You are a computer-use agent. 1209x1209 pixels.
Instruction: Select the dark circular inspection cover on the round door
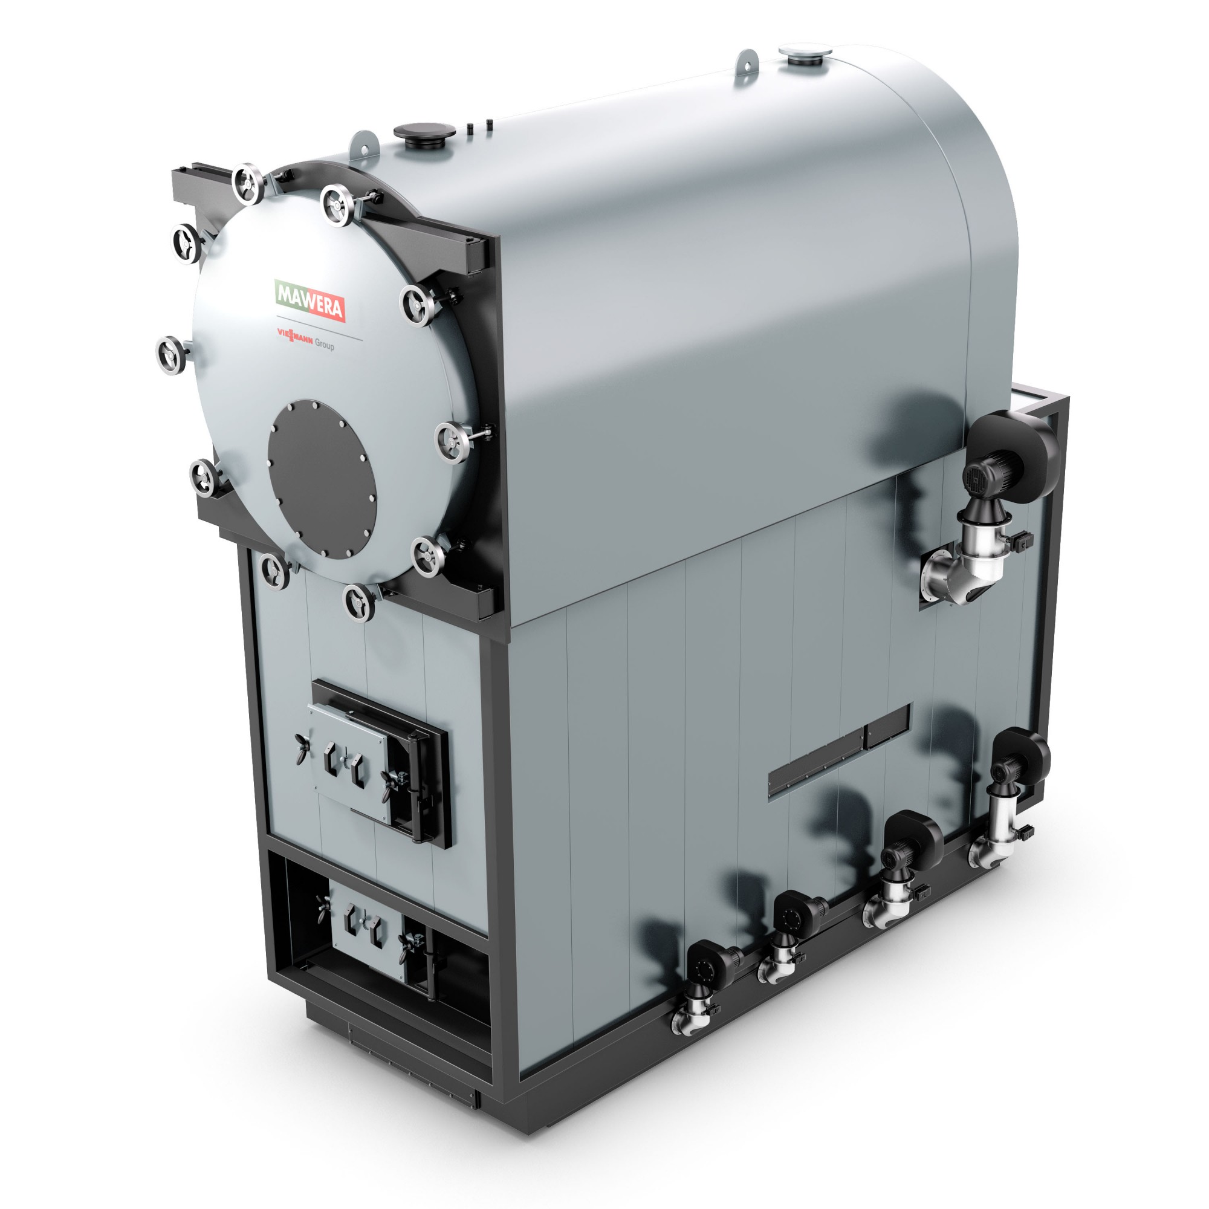322,479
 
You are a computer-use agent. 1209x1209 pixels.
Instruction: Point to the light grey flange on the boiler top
805,54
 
